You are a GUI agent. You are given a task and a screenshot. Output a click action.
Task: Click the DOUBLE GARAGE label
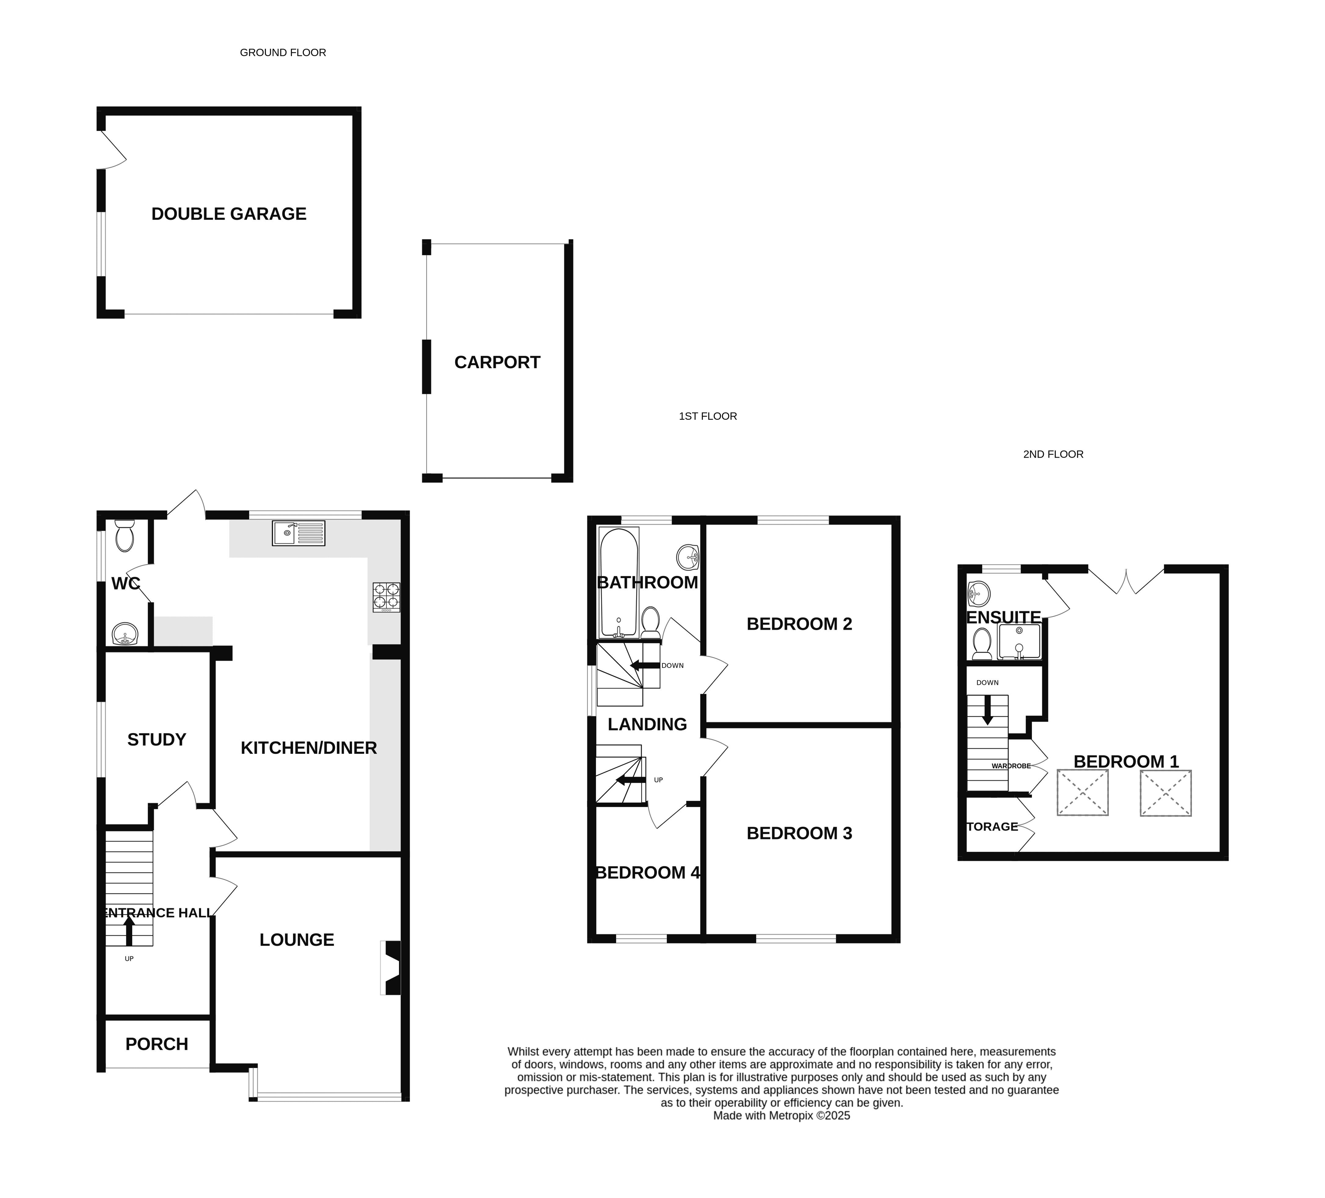click(x=229, y=214)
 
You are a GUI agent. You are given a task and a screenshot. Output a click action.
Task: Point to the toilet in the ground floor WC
click(x=124, y=536)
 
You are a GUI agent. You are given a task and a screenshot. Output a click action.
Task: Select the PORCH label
click(x=156, y=1044)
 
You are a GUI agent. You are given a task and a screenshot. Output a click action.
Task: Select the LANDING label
click(x=647, y=725)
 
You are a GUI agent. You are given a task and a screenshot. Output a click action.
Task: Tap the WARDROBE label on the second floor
click(x=1011, y=766)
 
